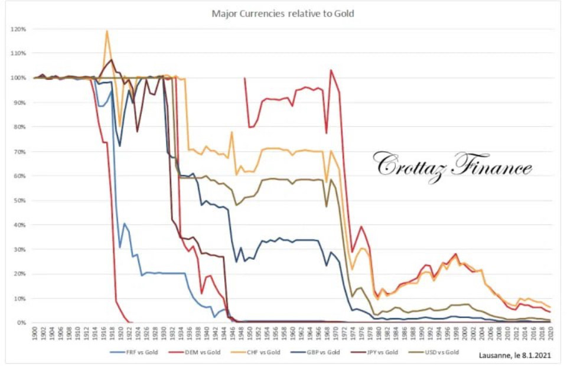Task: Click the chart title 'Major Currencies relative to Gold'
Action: click(x=283, y=13)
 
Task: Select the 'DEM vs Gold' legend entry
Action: click(x=199, y=352)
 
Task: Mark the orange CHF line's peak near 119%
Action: click(x=107, y=31)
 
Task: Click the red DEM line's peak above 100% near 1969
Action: click(x=331, y=70)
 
